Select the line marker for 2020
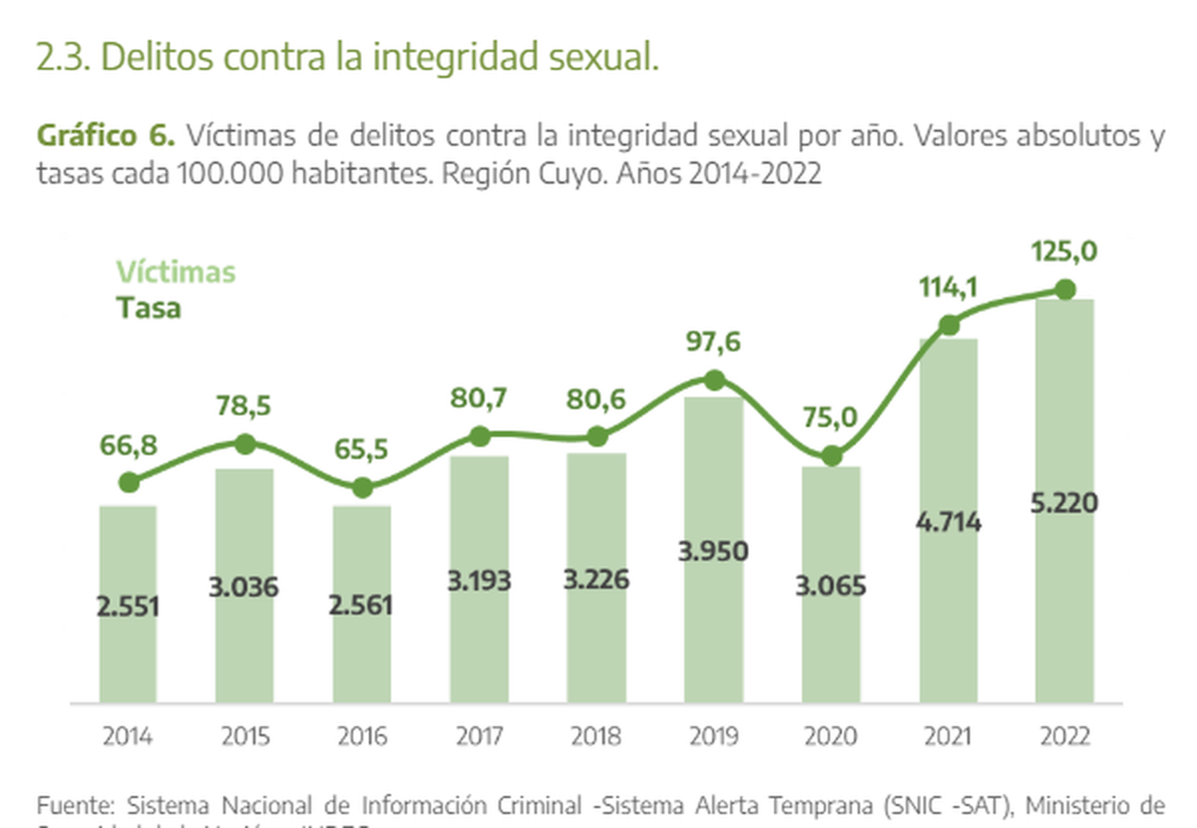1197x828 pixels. tap(831, 457)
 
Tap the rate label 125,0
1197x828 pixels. tap(1064, 252)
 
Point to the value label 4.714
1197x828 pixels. tap(948, 522)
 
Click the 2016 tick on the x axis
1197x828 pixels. tap(362, 737)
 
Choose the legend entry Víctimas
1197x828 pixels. tap(176, 272)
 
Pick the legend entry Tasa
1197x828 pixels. tap(149, 307)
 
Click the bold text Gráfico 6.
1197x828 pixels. tap(106, 135)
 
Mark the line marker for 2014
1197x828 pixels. tap(128, 483)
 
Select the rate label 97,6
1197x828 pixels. tap(713, 342)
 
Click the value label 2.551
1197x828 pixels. tap(128, 606)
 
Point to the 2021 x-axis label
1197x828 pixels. tap(948, 737)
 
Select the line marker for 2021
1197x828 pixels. tap(949, 325)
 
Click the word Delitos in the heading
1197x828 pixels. tap(156, 57)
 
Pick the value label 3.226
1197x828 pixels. tap(597, 580)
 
